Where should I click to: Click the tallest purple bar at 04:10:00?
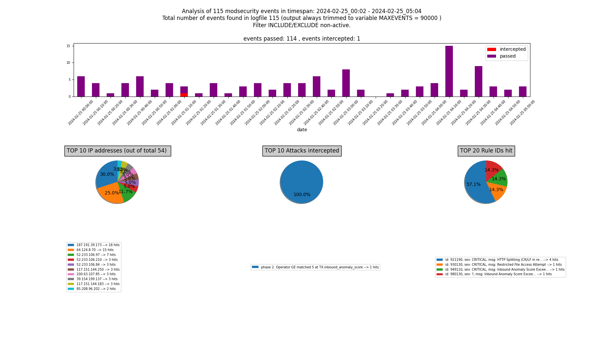[x=449, y=71]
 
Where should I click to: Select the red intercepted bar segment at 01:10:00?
[x=184, y=95]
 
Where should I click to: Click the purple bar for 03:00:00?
[x=346, y=83]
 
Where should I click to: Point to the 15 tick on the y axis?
[x=68, y=46]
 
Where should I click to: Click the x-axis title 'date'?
[x=302, y=130]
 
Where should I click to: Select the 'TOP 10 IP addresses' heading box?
[x=117, y=151]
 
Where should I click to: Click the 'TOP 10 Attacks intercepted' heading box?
[x=302, y=151]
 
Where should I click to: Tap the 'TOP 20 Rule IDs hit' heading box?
[x=486, y=151]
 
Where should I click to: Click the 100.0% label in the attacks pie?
[x=302, y=195]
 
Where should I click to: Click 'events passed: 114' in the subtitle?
[x=270, y=39]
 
